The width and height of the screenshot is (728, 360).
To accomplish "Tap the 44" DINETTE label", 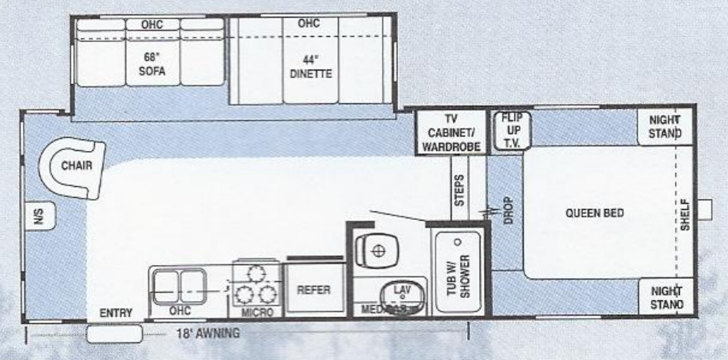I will (x=311, y=67).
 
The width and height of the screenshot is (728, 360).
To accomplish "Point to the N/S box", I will (x=35, y=218).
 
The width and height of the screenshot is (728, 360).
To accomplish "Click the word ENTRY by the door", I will (x=116, y=313).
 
